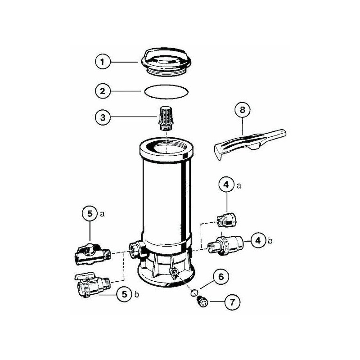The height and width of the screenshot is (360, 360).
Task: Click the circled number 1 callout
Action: (x=103, y=62)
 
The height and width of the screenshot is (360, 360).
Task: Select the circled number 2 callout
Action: (x=103, y=91)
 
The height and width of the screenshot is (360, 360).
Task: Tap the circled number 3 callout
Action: (x=103, y=117)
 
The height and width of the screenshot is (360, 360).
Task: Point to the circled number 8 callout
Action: (x=243, y=110)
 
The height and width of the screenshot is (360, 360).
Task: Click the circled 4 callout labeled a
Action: (x=227, y=184)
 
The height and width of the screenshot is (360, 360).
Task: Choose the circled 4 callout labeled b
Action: (x=258, y=241)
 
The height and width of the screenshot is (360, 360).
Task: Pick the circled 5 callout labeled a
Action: (x=90, y=214)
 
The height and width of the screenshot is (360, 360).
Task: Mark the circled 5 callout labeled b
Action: (x=125, y=294)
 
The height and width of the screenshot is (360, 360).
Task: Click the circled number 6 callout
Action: (x=221, y=277)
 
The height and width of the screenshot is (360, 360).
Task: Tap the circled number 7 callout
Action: (x=232, y=302)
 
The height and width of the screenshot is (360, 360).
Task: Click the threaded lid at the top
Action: (x=166, y=62)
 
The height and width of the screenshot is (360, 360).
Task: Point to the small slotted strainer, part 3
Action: (x=166, y=118)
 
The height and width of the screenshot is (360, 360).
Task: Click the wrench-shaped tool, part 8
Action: (x=250, y=144)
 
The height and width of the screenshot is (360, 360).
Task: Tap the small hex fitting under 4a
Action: (x=227, y=220)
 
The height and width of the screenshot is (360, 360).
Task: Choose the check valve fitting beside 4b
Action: (x=225, y=245)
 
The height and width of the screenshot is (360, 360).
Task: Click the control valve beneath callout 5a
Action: (x=93, y=255)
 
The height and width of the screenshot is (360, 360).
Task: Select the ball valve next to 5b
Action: (x=93, y=285)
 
